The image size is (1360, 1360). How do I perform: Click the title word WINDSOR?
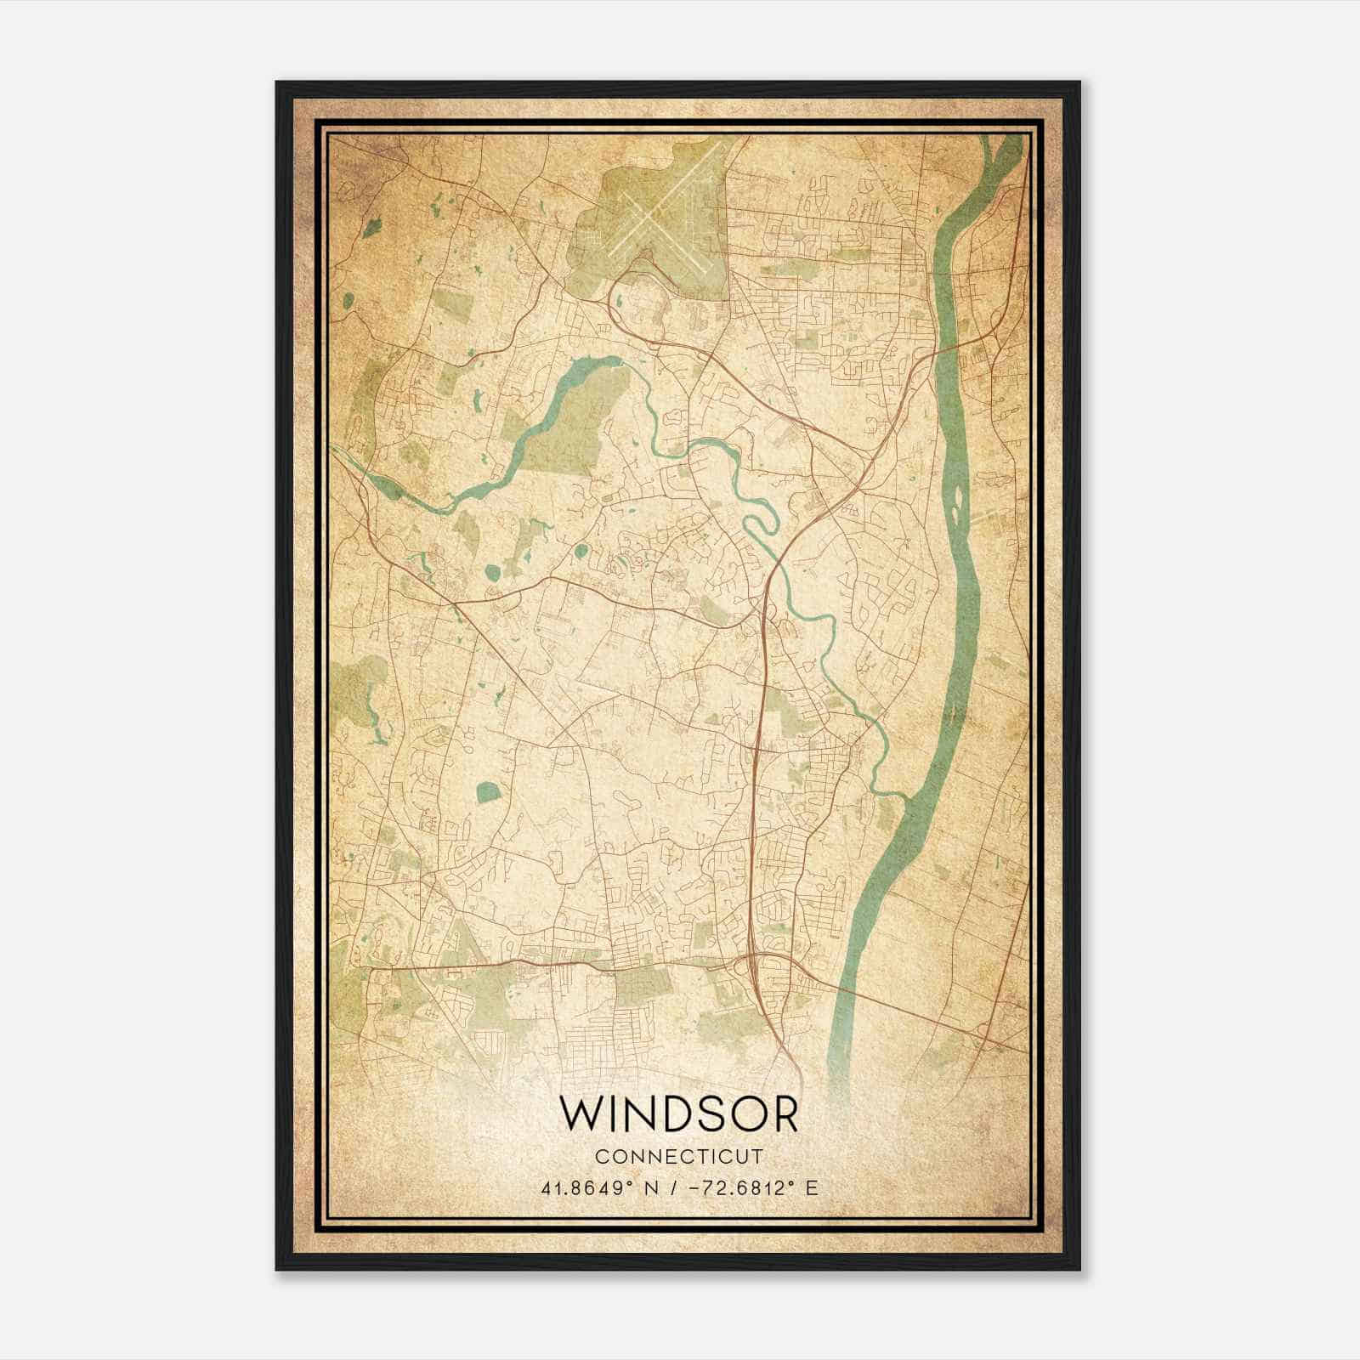coord(679,1114)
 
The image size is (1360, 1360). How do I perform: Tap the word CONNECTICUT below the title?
coord(679,1157)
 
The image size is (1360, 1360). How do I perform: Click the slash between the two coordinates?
coord(671,1187)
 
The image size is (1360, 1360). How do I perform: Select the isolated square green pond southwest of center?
coord(487,793)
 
